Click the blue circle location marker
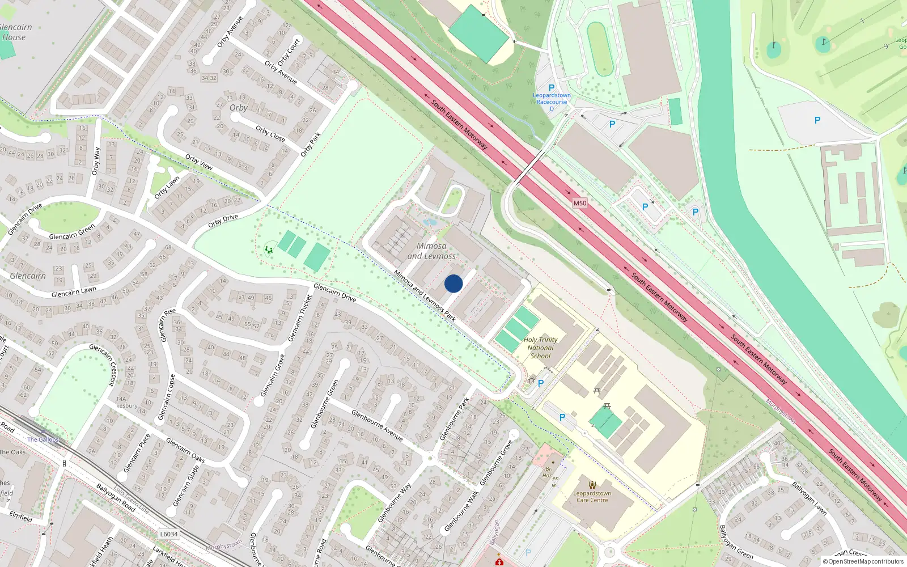[453, 283]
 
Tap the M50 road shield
[579, 203]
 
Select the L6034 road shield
[168, 534]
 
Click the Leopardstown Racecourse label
[552, 99]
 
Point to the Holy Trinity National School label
[540, 348]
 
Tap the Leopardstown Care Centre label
[592, 497]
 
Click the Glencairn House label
[15, 32]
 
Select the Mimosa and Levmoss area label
[431, 251]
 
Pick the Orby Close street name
[270, 133]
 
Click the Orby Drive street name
[223, 221]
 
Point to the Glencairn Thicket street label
[300, 318]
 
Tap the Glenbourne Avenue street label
[377, 425]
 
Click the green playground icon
[269, 249]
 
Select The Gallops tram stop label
[43, 439]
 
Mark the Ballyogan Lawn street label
[809, 498]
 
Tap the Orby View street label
[199, 162]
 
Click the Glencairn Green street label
[72, 232]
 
